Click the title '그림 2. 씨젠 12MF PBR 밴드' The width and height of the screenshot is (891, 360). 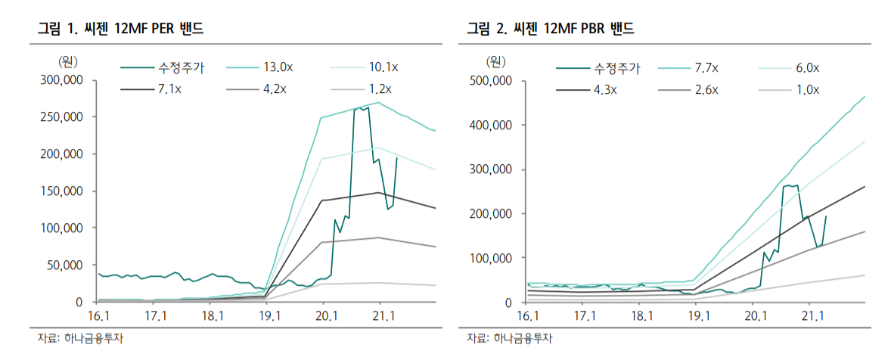[x=550, y=29]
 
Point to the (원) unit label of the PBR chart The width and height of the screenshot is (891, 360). [x=495, y=60]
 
